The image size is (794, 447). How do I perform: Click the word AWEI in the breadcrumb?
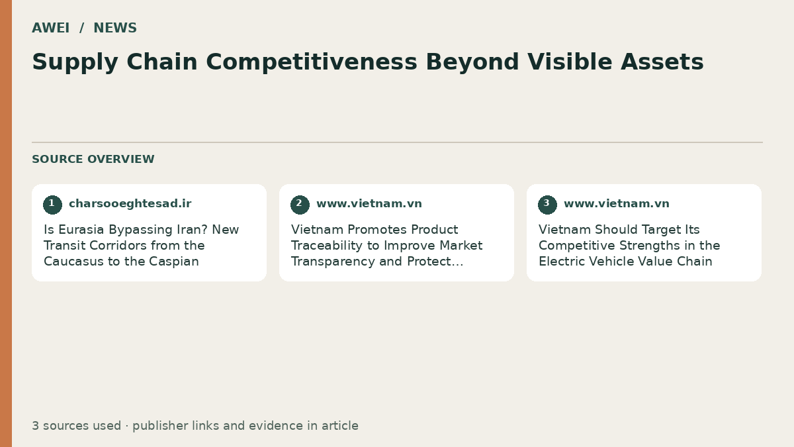(x=51, y=28)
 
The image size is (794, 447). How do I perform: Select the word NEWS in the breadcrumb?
(x=115, y=28)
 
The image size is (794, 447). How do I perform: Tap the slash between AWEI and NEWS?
(x=81, y=28)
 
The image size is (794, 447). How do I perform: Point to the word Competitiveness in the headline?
(x=312, y=62)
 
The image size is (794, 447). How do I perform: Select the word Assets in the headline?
(x=662, y=62)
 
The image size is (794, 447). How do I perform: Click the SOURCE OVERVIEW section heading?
(x=93, y=159)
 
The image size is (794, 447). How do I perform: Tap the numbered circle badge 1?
(x=52, y=205)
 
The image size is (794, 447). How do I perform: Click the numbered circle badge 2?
(x=300, y=205)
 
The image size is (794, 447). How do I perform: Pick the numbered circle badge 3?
(x=547, y=205)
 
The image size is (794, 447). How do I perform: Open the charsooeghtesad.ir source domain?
(x=130, y=204)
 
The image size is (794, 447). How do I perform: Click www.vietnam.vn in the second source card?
(x=369, y=204)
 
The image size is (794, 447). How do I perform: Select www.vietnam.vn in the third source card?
(x=617, y=204)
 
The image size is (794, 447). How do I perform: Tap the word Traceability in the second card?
(x=335, y=246)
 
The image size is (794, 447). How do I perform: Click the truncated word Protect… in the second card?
(x=435, y=262)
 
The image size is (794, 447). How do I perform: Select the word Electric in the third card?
(x=562, y=262)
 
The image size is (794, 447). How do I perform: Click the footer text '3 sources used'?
(x=77, y=426)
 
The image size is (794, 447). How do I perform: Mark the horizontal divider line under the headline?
(x=398, y=142)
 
